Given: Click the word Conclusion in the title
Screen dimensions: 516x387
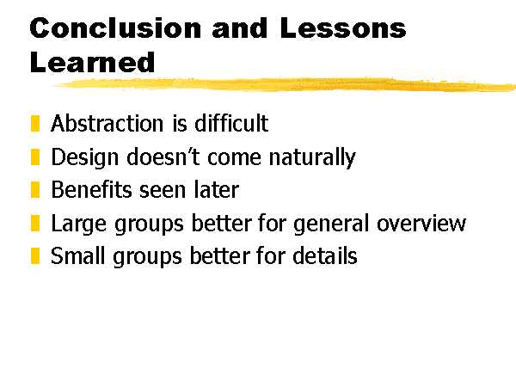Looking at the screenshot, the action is pos(115,28).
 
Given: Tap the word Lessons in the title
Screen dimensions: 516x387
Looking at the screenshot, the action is pos(343,28).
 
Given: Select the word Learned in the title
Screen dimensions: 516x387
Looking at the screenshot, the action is pos(92,63).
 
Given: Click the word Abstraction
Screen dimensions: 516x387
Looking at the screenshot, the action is pos(107,123).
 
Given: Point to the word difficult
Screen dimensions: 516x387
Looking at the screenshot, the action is pos(231,123).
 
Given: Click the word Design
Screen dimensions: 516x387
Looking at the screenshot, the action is pos(85,158).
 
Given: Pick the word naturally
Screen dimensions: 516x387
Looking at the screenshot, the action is pos(312,158).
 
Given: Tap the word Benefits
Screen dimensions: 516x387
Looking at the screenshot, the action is pos(92,190).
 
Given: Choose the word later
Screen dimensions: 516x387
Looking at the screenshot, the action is pos(216,190).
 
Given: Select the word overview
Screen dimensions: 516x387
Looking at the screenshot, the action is pos(421,224).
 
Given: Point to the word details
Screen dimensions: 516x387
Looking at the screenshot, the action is pos(325,255).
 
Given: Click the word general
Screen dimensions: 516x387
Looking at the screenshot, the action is pos(331,224).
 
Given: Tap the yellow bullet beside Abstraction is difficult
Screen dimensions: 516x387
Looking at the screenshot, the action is pos(35,123).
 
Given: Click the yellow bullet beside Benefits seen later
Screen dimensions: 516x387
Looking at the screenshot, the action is pos(35,190).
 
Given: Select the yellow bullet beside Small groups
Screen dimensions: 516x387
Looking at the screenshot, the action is pos(35,255).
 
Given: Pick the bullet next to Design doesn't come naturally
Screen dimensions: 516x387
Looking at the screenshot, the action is pos(35,157).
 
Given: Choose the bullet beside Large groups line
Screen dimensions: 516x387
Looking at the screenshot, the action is pos(35,223).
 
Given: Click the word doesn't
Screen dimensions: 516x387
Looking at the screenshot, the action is pos(163,157).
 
